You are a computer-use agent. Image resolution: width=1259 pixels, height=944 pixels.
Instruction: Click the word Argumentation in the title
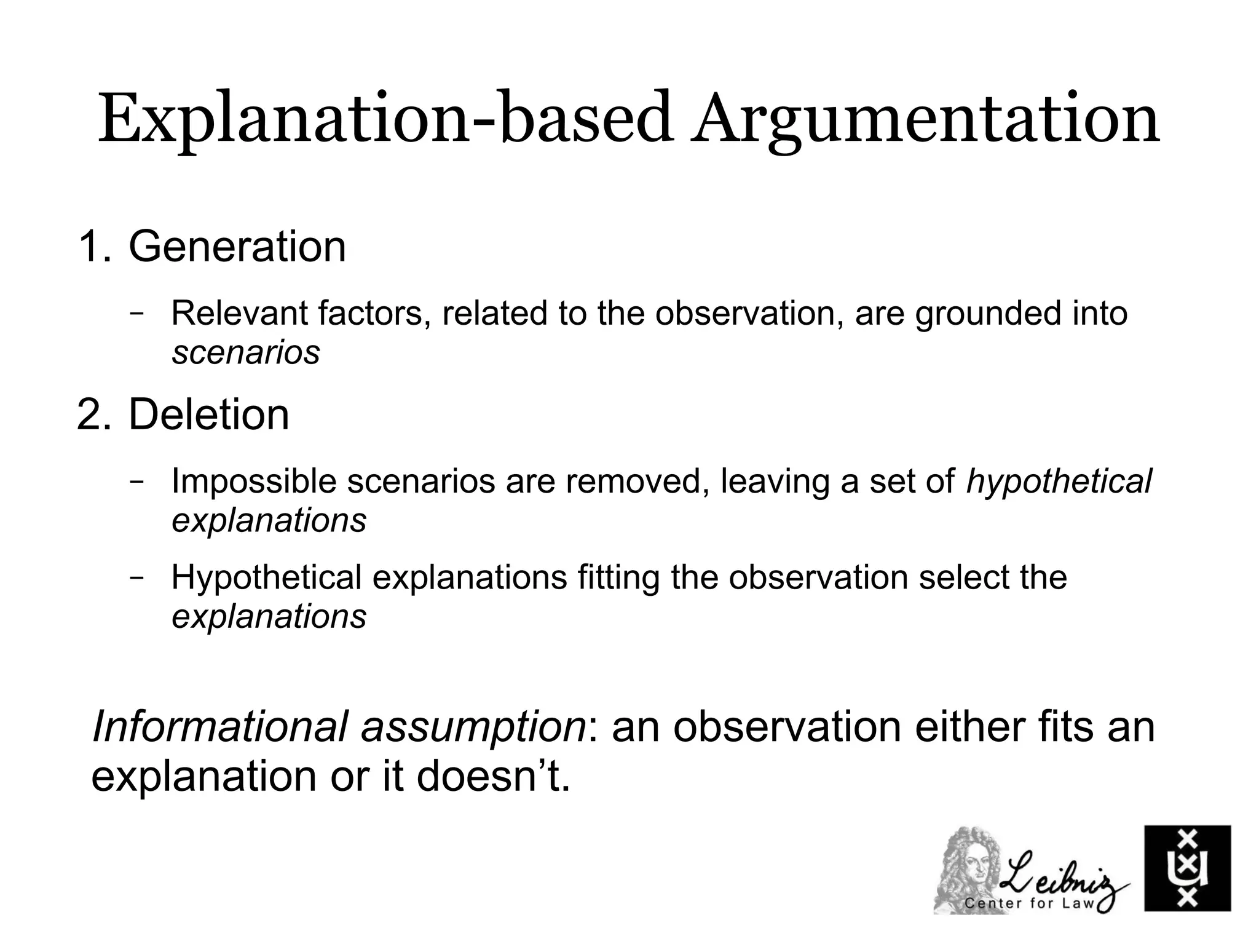[x=925, y=120]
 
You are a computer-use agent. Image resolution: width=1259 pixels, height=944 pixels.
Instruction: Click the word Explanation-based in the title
[x=383, y=120]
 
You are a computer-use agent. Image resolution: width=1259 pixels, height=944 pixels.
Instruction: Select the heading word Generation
[x=237, y=247]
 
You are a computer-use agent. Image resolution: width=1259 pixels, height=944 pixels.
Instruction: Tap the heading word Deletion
[x=208, y=415]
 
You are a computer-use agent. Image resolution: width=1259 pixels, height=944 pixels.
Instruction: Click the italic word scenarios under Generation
[x=246, y=352]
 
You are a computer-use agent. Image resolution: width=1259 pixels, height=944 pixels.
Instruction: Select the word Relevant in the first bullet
[x=240, y=313]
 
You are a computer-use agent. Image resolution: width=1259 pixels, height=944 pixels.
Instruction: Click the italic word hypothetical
[x=1059, y=481]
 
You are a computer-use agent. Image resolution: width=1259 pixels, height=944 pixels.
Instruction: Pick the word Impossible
[x=254, y=481]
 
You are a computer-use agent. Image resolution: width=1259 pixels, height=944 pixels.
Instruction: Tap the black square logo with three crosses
[x=1187, y=868]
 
